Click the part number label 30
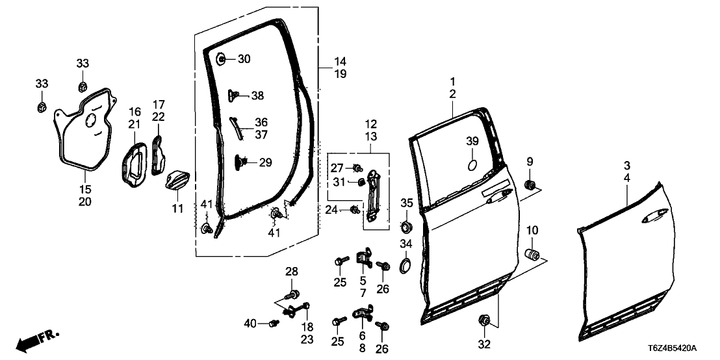[x=243, y=59]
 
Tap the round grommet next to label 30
[x=222, y=59]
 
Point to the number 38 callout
[x=257, y=96]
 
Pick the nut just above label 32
[x=484, y=320]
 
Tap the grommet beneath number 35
[x=406, y=227]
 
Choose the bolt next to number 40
[x=272, y=323]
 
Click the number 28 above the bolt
[x=291, y=271]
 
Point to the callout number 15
[x=85, y=190]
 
